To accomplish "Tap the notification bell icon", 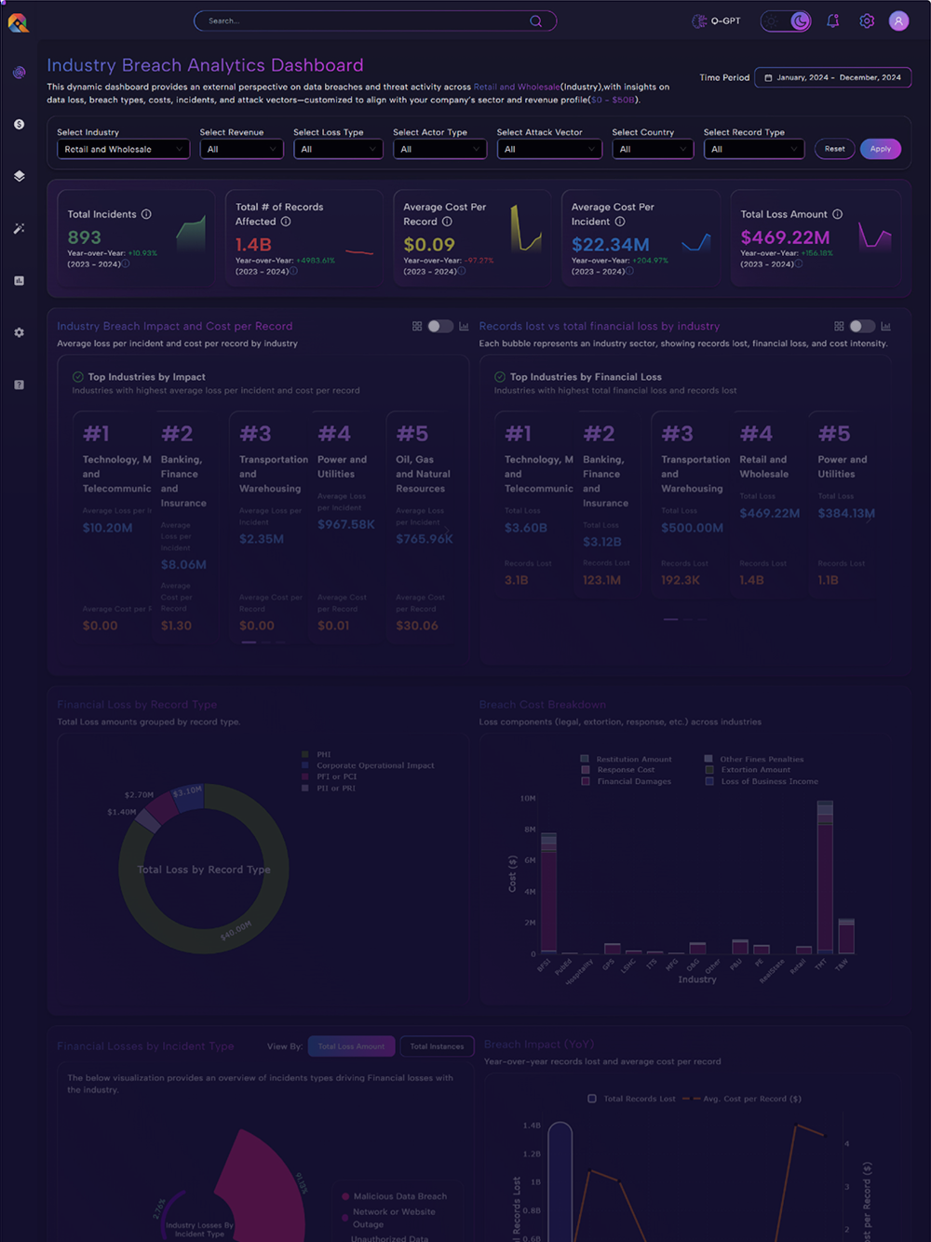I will [832, 20].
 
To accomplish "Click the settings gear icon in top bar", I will [867, 20].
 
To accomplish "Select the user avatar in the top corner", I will [898, 20].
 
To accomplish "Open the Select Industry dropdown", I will [123, 149].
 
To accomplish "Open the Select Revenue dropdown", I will [241, 149].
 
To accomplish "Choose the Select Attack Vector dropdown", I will [549, 149].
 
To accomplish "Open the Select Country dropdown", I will [652, 149].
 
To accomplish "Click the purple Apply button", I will [881, 149].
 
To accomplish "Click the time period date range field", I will [832, 77].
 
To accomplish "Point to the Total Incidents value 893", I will [85, 237].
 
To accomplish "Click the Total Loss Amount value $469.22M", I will [785, 237].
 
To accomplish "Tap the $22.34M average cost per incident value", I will [611, 245].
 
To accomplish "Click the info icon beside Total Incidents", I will [146, 214].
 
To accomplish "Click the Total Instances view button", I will [437, 1046].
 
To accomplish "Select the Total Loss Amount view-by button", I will [351, 1046].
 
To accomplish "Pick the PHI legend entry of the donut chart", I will [323, 754].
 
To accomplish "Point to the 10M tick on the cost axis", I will [528, 798].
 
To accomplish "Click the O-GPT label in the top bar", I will [725, 20].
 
